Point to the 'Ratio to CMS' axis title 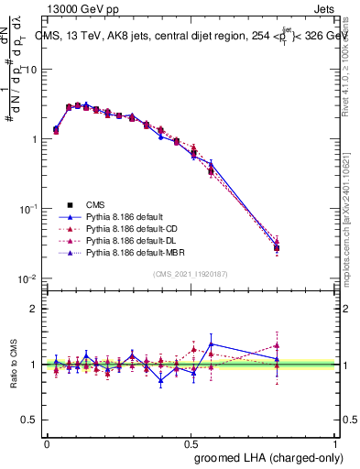12,364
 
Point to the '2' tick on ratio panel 35,308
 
